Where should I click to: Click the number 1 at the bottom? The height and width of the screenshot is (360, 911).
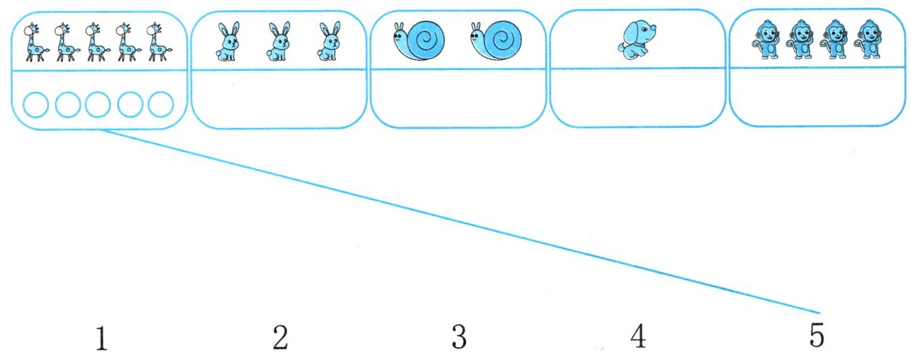(101, 338)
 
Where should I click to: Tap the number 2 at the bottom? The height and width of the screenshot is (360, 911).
(280, 338)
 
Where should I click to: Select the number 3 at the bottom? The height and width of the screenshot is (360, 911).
(459, 338)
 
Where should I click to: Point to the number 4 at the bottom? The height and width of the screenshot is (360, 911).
(637, 338)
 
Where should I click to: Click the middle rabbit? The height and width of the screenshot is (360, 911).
(278, 42)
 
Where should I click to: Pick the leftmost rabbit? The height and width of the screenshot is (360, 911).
(227, 42)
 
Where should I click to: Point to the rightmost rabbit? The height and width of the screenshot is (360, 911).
(330, 42)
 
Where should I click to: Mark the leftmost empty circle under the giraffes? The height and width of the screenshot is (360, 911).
(35, 105)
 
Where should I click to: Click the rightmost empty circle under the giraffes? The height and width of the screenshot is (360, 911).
(161, 105)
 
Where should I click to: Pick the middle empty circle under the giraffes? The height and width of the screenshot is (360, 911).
(98, 105)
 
